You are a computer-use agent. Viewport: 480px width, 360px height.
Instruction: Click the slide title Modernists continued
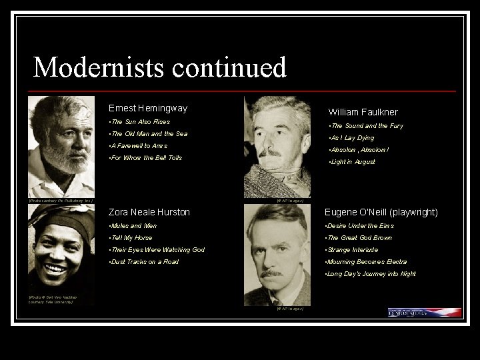point(159,67)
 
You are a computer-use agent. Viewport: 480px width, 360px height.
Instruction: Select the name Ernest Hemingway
point(148,108)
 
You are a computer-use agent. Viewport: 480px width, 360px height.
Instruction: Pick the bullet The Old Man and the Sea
point(148,134)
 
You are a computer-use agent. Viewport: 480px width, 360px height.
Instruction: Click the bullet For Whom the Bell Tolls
point(145,158)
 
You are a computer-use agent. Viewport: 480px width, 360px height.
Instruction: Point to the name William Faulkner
point(363,112)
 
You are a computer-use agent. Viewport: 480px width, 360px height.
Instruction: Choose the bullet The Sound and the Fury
point(365,126)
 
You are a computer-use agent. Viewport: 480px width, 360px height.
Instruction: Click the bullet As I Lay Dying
point(351,138)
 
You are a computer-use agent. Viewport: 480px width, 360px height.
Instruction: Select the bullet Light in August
point(353,162)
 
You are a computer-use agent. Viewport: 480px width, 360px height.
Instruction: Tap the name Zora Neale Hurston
point(149,212)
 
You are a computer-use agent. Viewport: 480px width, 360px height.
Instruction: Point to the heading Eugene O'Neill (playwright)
point(381,212)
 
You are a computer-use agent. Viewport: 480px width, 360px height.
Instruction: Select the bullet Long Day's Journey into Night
point(370,274)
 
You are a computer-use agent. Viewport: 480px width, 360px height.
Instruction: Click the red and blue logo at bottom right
point(425,312)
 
